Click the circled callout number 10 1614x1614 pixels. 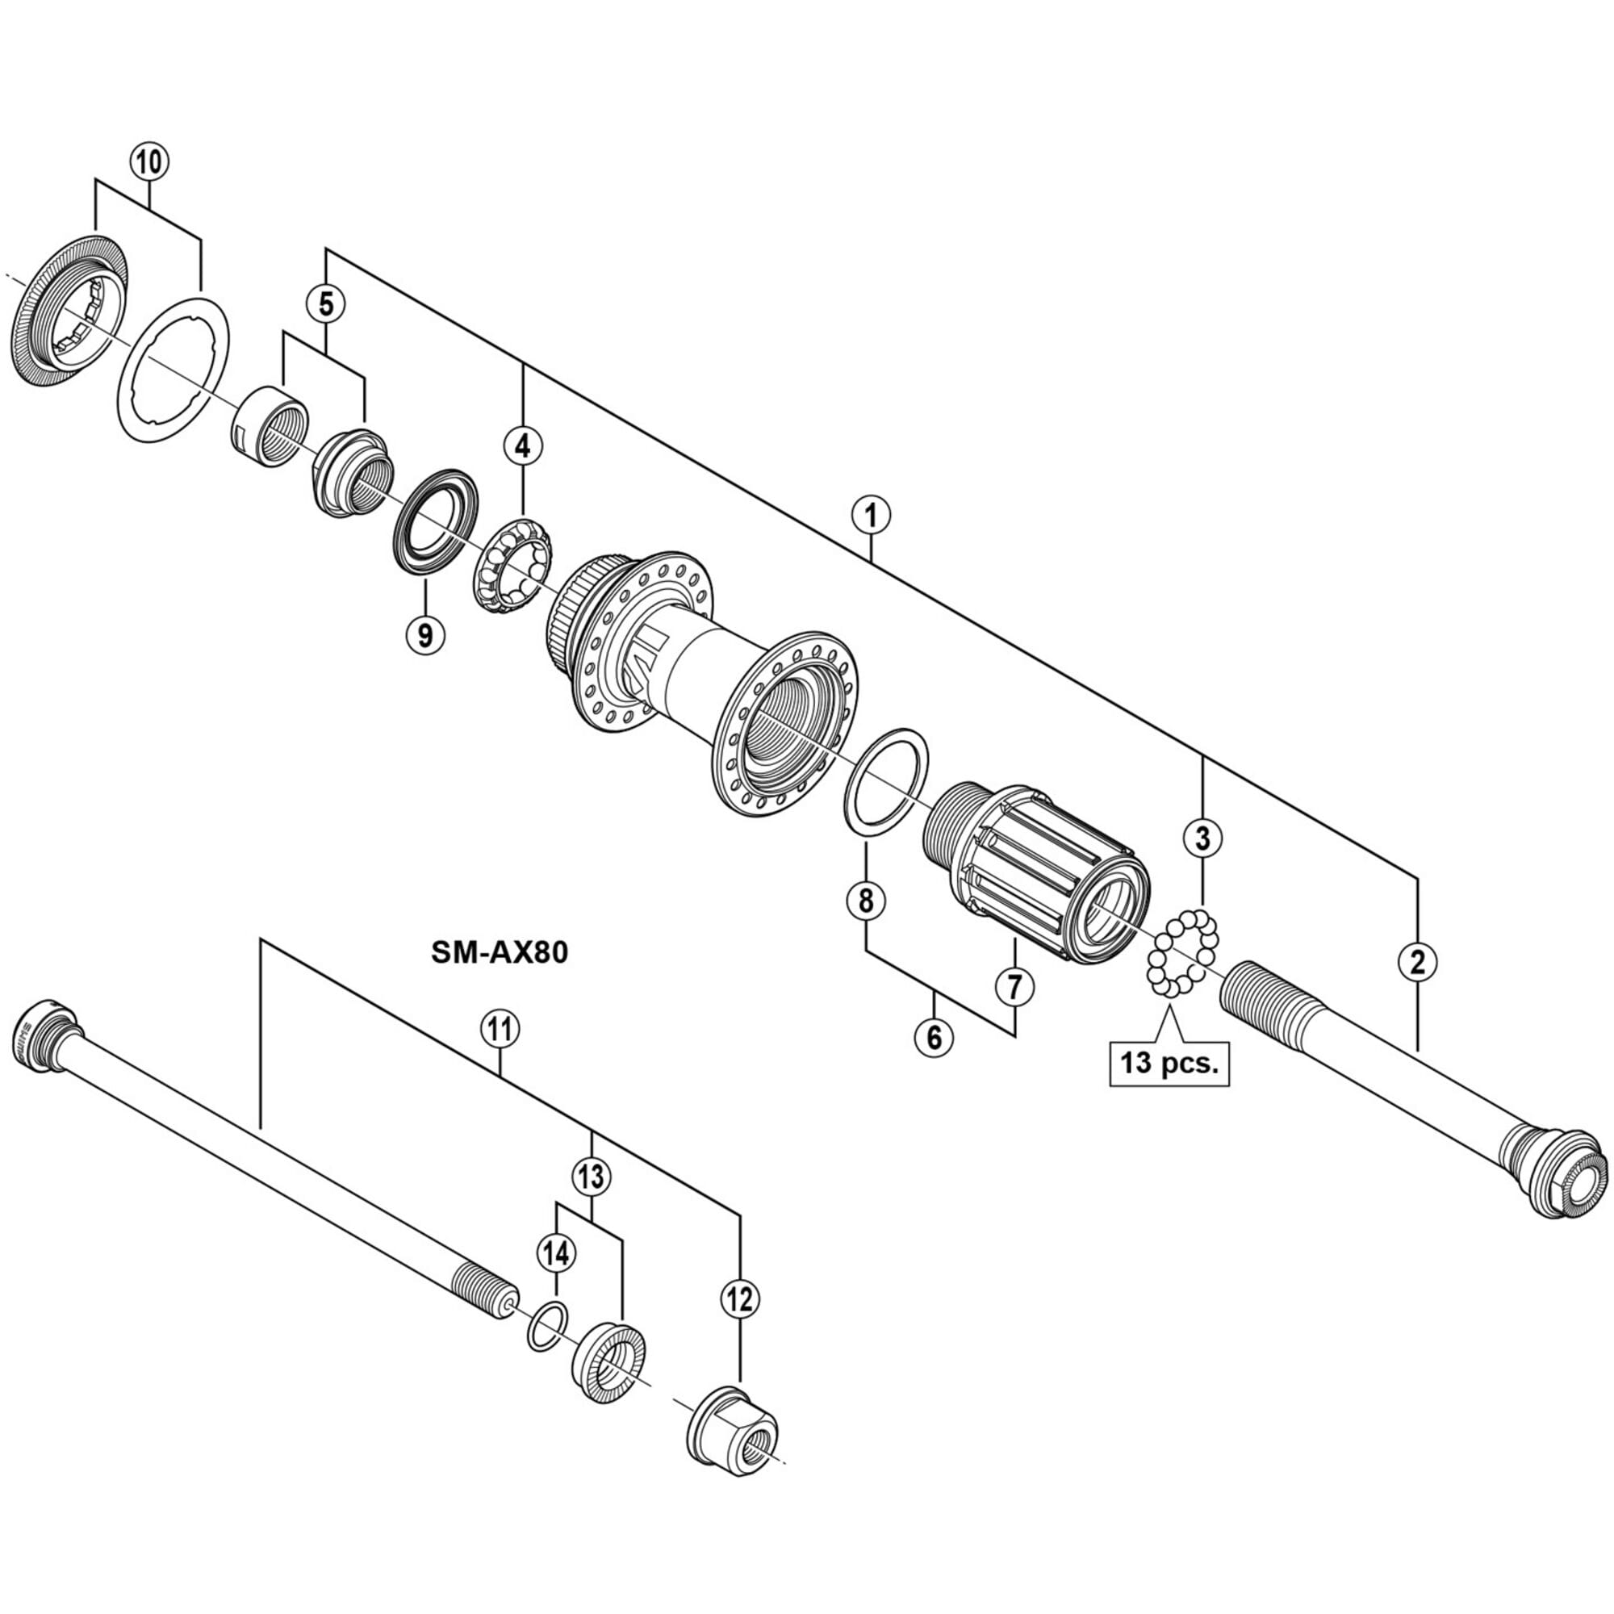(149, 161)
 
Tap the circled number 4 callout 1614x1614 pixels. (522, 446)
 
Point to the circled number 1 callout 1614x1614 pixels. (871, 516)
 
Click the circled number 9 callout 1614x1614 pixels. (424, 636)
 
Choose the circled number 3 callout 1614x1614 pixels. (1202, 838)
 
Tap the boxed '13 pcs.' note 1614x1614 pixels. (1169, 1064)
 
